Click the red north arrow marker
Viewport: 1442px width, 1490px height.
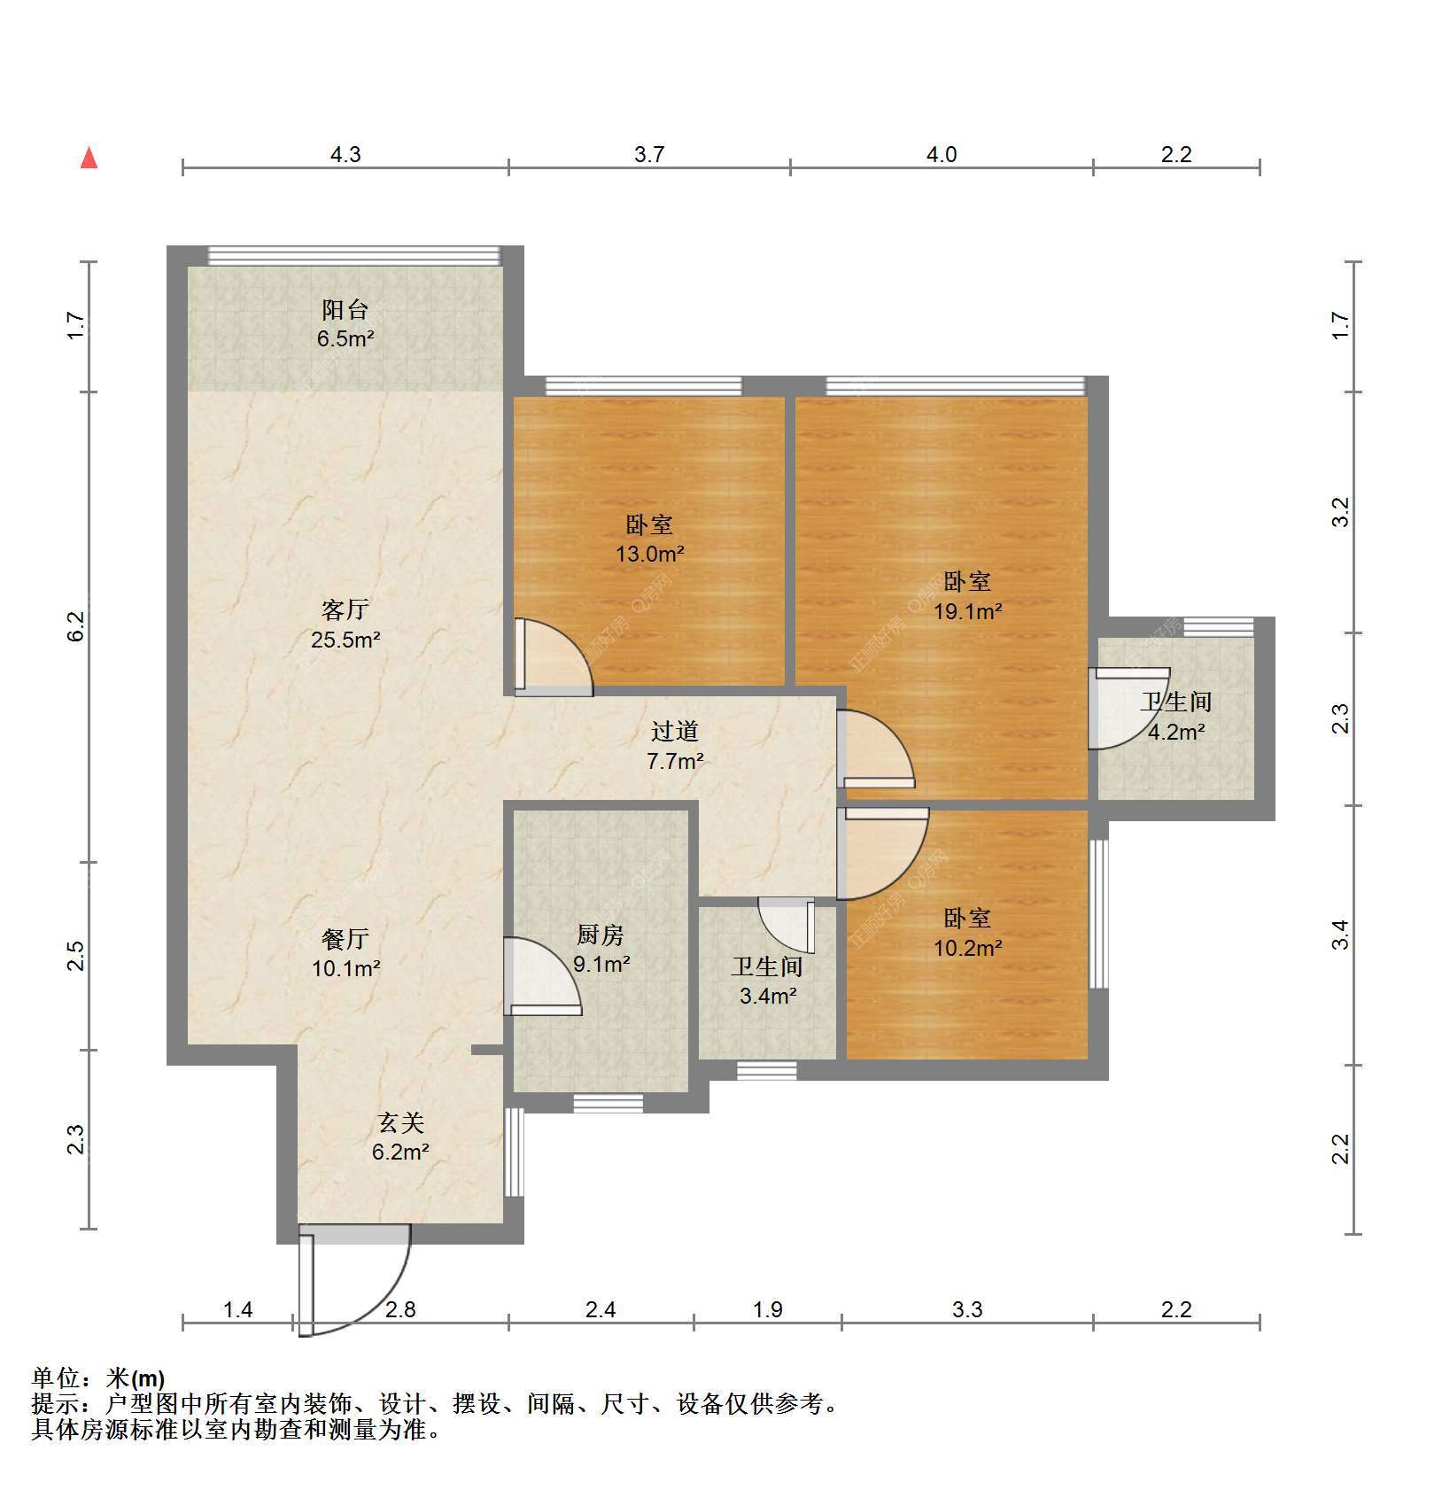89,158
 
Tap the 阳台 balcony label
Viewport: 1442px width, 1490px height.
345,310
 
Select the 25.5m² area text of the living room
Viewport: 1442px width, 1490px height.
345,640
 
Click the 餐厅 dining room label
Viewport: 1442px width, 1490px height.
345,939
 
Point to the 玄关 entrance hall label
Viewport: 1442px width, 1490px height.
401,1123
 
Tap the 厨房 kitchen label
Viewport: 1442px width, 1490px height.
601,935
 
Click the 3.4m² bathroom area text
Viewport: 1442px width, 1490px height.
768,996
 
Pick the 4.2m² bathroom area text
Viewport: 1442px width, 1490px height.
1176,733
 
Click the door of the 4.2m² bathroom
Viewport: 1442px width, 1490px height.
1129,709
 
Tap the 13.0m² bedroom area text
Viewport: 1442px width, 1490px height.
650,555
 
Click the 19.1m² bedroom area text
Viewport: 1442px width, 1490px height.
968,611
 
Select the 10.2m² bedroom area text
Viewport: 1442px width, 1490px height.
968,948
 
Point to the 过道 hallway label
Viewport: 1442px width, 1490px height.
675,731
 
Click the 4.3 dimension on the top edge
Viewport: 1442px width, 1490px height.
345,155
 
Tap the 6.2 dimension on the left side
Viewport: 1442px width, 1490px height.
76,626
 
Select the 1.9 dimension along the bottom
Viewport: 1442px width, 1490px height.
767,1309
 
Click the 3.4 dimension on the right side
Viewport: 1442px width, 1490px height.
1341,935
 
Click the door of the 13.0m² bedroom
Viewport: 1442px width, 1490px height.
554,656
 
